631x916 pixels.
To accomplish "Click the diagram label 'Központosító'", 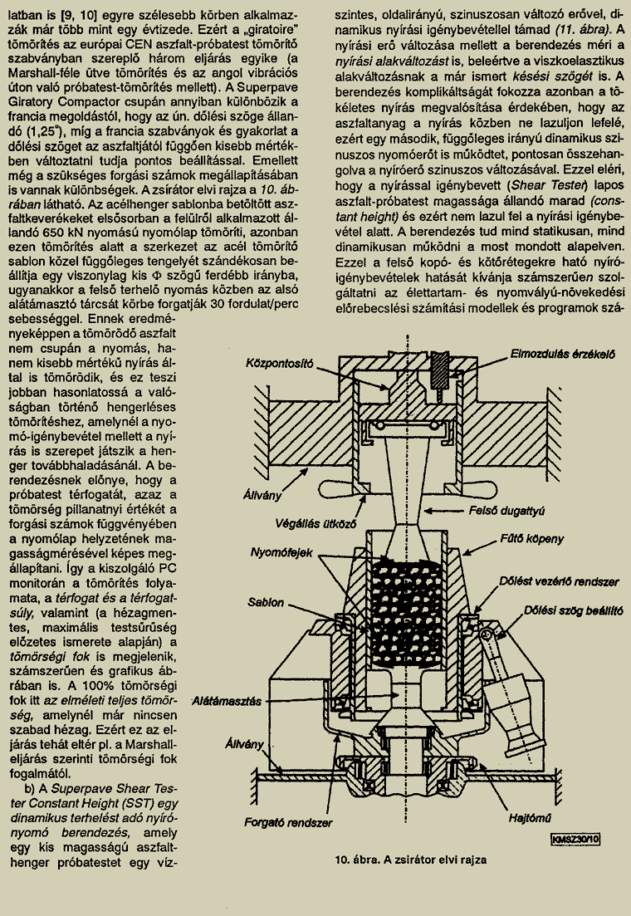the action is tap(279, 364).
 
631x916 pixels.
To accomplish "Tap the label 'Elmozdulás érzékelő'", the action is tap(563, 354).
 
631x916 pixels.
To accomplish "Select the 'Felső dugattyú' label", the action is tap(506, 511).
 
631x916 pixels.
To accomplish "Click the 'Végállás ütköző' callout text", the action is tap(315, 524).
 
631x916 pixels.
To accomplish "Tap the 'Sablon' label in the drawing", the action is tap(265, 602).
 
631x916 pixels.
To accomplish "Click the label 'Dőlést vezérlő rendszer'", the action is tap(559, 581).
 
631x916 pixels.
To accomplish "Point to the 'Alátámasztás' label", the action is tap(227, 700).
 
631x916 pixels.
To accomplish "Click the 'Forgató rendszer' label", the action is tap(288, 822).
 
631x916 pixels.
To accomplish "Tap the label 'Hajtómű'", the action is tap(530, 819).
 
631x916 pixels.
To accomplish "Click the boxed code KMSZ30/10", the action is tap(576, 840).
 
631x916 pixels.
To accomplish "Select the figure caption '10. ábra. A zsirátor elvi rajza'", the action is tap(411, 860).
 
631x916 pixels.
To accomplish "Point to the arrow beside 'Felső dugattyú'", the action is tap(443, 510).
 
